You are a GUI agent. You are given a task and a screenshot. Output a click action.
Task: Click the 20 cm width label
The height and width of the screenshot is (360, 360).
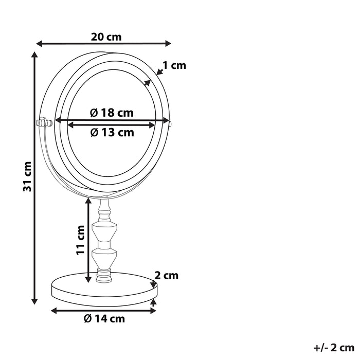pos(106,37)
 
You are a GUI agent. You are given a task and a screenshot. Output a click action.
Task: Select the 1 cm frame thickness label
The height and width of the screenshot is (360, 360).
pos(174,65)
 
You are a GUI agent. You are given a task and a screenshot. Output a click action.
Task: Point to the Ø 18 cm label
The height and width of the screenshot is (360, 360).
pos(111,113)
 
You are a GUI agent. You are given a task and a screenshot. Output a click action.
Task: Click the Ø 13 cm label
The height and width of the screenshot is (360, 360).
pos(112,132)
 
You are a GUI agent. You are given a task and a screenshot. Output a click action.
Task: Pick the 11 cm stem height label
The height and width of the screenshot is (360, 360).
pos(80,240)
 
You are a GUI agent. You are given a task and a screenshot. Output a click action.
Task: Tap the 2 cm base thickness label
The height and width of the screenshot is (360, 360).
pos(167,276)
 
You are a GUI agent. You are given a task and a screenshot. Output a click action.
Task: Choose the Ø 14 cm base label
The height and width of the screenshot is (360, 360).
pos(104,318)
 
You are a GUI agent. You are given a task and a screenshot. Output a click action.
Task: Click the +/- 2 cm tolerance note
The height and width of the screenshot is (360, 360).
pos(334,348)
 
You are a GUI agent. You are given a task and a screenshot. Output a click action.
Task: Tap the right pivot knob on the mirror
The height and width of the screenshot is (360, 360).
pos(169,123)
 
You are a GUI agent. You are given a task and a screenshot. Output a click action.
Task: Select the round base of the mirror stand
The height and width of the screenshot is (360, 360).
pos(104,288)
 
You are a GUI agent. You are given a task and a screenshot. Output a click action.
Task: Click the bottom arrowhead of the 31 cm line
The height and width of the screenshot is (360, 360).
pos(35,301)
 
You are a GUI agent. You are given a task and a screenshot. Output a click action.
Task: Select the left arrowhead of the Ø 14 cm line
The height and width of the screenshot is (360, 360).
pos(55,310)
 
